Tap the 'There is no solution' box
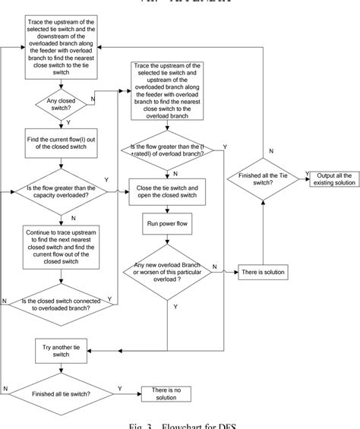pyautogui.click(x=167, y=393)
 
